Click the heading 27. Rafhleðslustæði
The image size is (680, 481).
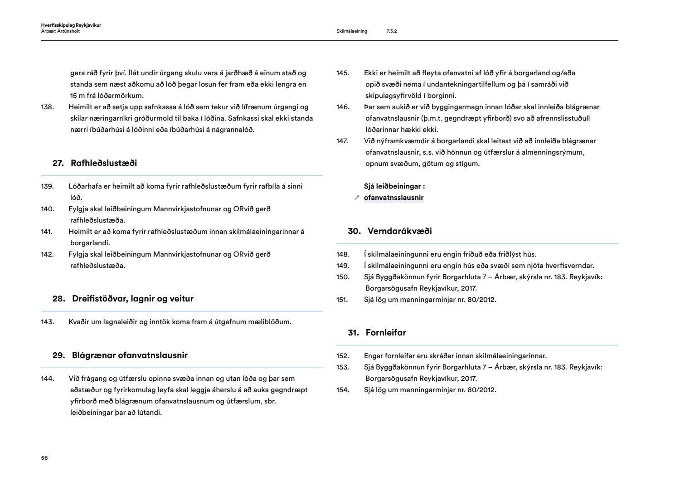[95, 163]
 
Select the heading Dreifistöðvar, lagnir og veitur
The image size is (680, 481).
[132, 299]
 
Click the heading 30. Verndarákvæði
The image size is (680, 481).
[390, 231]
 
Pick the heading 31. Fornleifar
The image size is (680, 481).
[377, 333]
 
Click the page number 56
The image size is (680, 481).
[44, 458]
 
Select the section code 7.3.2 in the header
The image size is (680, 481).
[392, 31]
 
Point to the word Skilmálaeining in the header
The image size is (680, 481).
[352, 31]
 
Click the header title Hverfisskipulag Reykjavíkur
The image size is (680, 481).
[71, 25]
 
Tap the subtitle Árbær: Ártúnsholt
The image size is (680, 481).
[60, 31]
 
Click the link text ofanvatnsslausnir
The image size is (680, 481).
[393, 198]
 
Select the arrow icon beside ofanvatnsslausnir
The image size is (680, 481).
[357, 198]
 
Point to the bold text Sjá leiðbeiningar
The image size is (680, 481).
[394, 186]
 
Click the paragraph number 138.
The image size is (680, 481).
[47, 107]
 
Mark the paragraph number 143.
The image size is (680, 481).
[47, 322]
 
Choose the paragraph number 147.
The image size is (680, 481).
[342, 141]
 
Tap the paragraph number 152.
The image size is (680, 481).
[343, 356]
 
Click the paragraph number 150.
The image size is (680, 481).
[343, 277]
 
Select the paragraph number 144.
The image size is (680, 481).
[47, 379]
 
